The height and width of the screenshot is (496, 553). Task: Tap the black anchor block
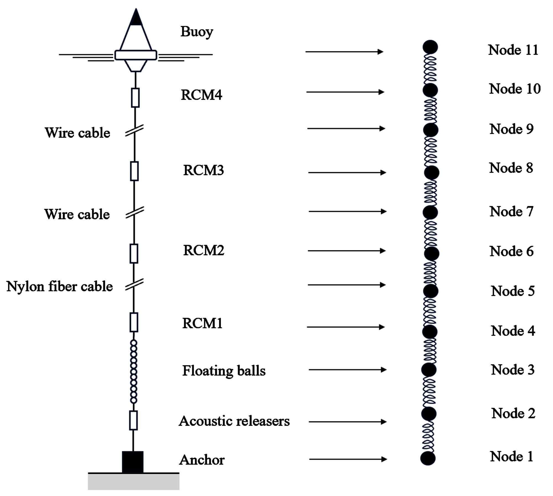click(133, 462)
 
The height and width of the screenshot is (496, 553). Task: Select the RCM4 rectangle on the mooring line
click(135, 98)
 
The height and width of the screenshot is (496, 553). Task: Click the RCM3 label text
click(203, 170)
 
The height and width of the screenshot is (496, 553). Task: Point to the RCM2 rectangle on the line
click(134, 253)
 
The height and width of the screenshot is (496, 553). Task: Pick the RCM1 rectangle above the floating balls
click(134, 322)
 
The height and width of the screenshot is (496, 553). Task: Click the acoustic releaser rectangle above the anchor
click(134, 420)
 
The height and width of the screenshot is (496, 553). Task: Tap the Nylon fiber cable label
click(59, 287)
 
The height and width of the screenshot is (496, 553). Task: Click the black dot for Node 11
click(430, 47)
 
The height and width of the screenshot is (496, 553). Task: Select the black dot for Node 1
click(428, 458)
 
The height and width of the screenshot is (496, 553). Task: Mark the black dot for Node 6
click(432, 254)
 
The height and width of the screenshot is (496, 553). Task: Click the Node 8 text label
click(511, 168)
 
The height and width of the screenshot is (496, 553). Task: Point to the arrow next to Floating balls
click(347, 369)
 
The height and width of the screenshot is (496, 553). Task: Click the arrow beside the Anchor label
click(348, 459)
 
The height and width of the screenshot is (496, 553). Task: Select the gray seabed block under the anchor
click(134, 482)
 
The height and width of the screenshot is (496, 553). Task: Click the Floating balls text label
click(224, 371)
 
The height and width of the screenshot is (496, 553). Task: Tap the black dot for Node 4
click(430, 332)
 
